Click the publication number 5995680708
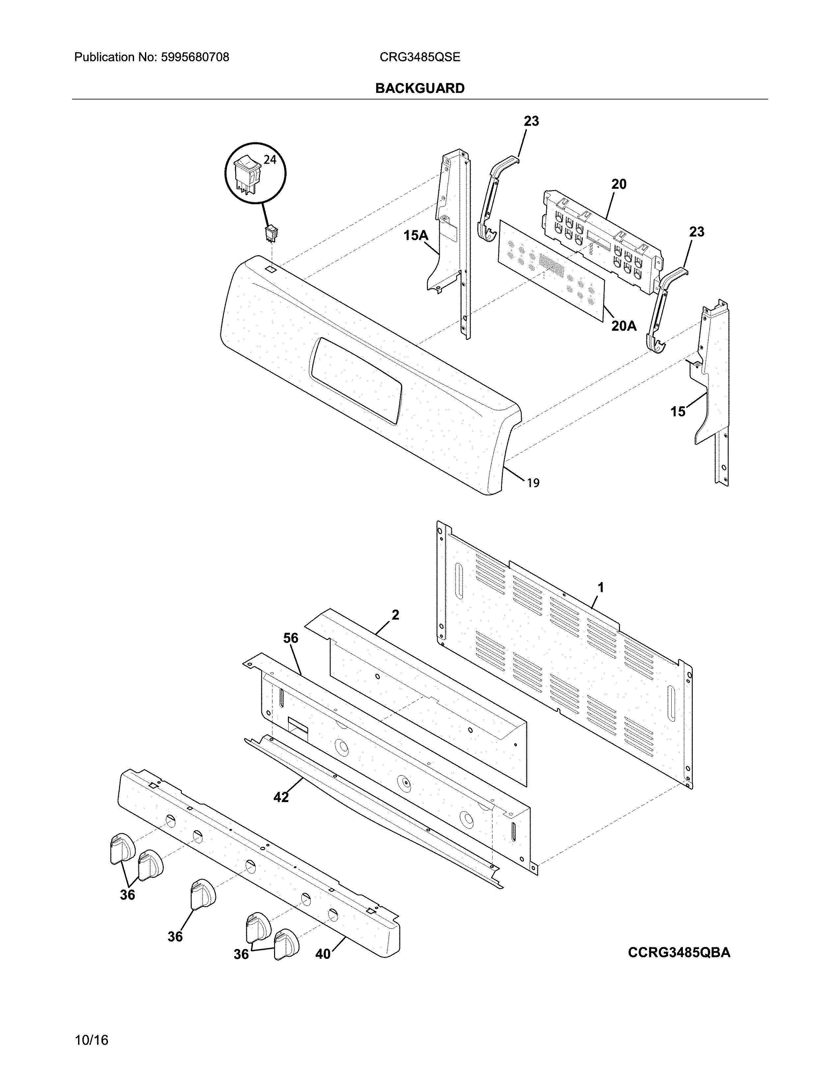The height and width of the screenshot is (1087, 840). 195,57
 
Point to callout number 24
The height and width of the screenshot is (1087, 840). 270,160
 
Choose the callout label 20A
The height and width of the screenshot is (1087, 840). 624,326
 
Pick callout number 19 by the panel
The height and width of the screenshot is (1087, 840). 533,483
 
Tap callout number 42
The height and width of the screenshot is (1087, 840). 281,797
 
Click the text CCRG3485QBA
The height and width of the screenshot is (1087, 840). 679,952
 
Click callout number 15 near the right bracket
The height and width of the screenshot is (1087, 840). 678,412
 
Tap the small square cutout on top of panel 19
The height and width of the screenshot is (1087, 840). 271,269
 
